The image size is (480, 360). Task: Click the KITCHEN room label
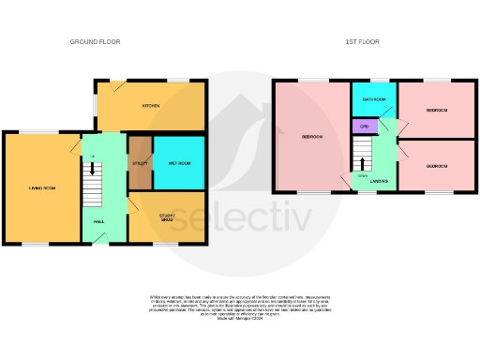(150, 106)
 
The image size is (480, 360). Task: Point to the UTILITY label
(142, 163)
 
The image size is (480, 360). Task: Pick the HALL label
(97, 222)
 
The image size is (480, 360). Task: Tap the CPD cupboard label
(363, 124)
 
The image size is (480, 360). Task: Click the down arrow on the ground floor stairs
(93, 170)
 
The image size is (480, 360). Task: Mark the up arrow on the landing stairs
(362, 163)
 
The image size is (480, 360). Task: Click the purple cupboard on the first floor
(364, 124)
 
